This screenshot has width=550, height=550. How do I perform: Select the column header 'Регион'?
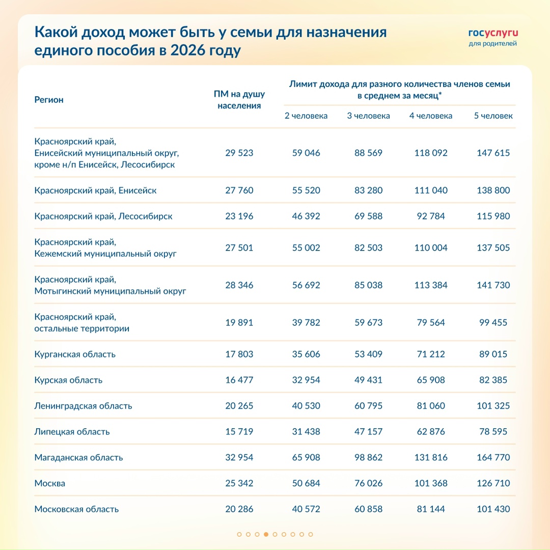(49, 100)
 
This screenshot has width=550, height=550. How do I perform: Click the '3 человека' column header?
(368, 116)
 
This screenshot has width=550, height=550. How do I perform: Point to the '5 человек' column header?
(493, 116)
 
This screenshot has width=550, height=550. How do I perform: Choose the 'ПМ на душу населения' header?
(239, 100)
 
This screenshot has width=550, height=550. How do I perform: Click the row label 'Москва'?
(50, 483)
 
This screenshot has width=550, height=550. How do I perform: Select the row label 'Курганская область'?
(75, 354)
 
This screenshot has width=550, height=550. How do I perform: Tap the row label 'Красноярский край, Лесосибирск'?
(103, 216)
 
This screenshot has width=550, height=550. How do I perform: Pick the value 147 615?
(493, 153)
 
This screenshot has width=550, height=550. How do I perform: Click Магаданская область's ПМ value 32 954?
(239, 457)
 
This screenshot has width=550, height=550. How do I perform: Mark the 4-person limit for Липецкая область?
(430, 431)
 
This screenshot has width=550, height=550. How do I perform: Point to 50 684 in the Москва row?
(306, 483)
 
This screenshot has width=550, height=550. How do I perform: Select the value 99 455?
(493, 322)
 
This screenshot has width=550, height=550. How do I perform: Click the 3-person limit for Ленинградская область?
(368, 406)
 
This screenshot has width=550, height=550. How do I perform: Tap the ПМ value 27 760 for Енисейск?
(239, 190)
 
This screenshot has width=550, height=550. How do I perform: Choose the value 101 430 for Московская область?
(493, 509)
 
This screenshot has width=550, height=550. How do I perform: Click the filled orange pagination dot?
(266, 534)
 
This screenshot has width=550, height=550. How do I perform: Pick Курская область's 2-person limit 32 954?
(306, 380)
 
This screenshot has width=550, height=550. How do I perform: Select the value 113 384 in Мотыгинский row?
(430, 285)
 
